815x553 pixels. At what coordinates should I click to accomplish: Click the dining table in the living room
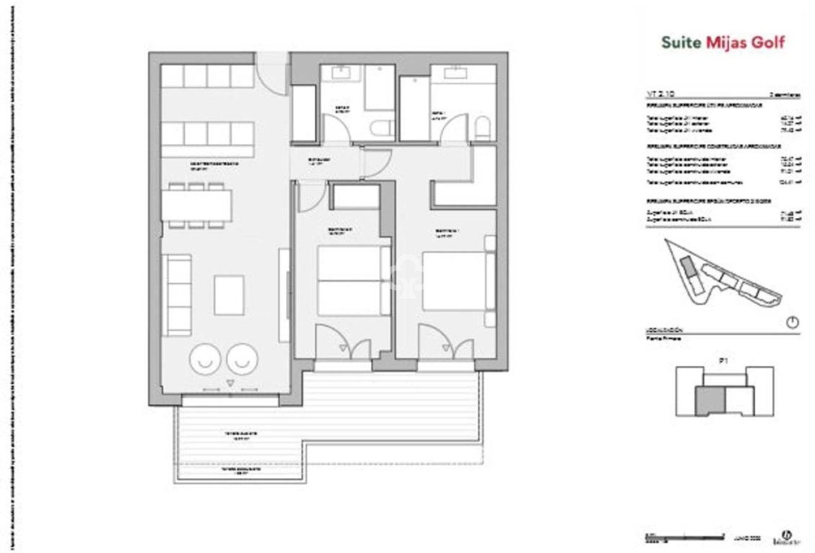[x=198, y=205]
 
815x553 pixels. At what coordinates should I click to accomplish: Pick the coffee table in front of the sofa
[x=229, y=295]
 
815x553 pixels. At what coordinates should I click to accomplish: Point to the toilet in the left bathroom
[x=383, y=128]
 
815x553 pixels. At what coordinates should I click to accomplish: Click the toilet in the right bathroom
[x=483, y=129]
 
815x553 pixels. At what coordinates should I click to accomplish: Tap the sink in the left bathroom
[x=340, y=73]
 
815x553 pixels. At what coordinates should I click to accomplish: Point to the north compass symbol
[x=793, y=322]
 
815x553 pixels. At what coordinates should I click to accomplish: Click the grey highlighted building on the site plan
[x=687, y=268]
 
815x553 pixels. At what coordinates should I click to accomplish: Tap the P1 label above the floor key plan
[x=723, y=360]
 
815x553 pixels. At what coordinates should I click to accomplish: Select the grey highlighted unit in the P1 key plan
[x=709, y=400]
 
